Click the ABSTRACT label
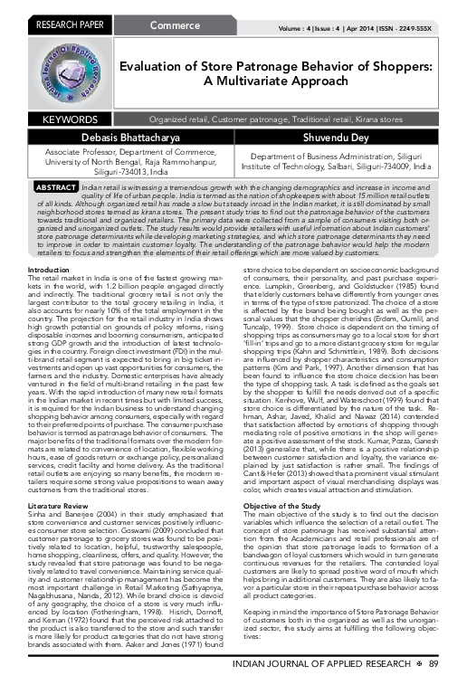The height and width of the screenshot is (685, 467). [55, 211]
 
